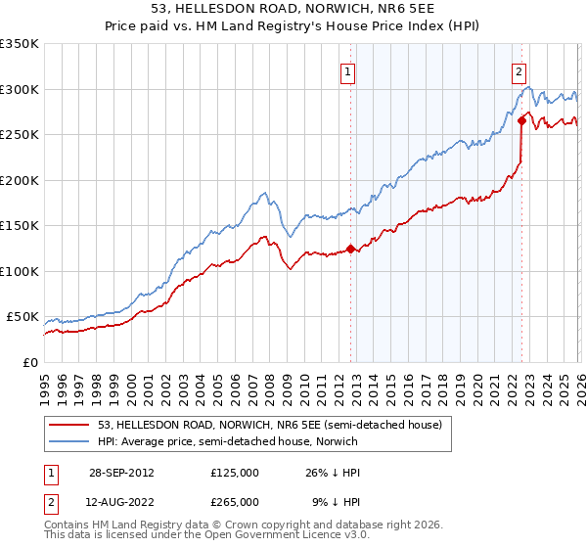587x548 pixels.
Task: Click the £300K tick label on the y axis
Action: click(20, 89)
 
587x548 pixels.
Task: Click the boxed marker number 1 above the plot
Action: click(348, 70)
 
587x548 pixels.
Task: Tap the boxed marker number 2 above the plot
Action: click(518, 70)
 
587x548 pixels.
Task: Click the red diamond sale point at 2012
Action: click(350, 249)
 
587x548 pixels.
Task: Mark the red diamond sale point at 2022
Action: click(521, 120)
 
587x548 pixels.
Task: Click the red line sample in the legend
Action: click(69, 425)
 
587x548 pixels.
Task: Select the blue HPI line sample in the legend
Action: click(69, 441)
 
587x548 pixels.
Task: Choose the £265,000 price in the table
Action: click(235, 501)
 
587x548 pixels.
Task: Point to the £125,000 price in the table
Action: click(235, 472)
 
